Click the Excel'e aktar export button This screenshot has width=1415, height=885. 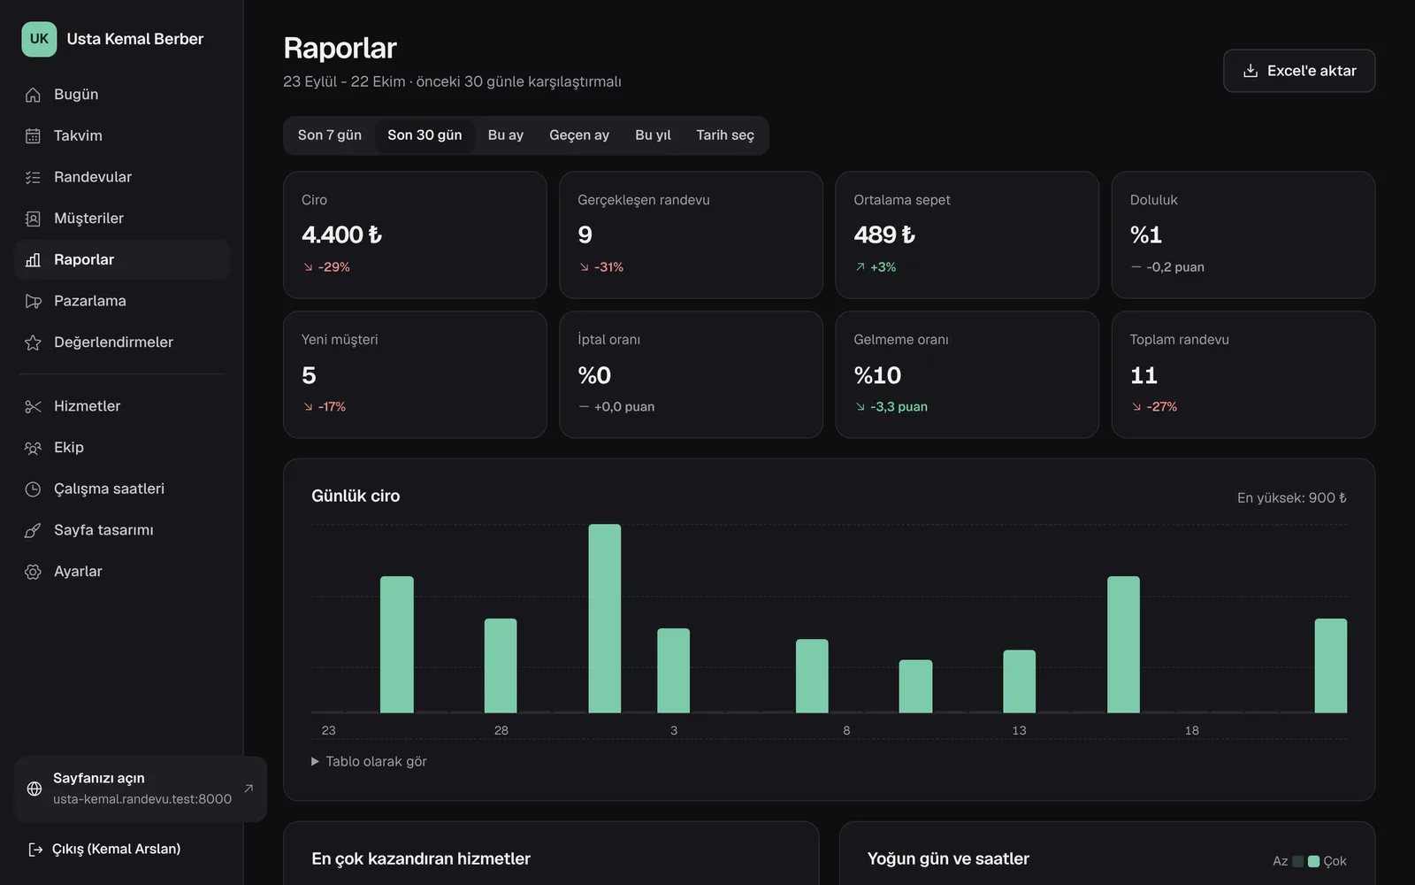click(1299, 71)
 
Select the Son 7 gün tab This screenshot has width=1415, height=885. click(330, 135)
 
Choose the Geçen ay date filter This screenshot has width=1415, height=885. click(579, 135)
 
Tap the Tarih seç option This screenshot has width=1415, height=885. click(725, 135)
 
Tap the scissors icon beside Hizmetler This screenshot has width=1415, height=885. click(33, 406)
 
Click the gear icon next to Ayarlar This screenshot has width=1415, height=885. click(33, 572)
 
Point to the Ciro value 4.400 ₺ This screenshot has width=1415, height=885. click(341, 235)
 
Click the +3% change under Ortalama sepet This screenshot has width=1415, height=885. click(876, 266)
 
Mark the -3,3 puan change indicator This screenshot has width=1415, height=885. click(891, 406)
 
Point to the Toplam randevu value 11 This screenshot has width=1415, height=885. click(1143, 375)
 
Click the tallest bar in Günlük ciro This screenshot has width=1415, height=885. click(605, 619)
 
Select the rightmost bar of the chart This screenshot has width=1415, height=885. click(1330, 666)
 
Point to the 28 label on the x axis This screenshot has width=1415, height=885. click(501, 730)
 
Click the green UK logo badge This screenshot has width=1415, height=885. click(39, 39)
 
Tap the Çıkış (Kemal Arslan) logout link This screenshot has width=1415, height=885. click(105, 849)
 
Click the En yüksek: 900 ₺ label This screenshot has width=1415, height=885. click(1291, 498)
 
